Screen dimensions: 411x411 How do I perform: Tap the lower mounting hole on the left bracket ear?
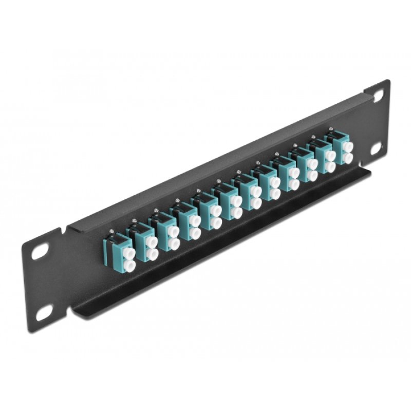tap(45, 310)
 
